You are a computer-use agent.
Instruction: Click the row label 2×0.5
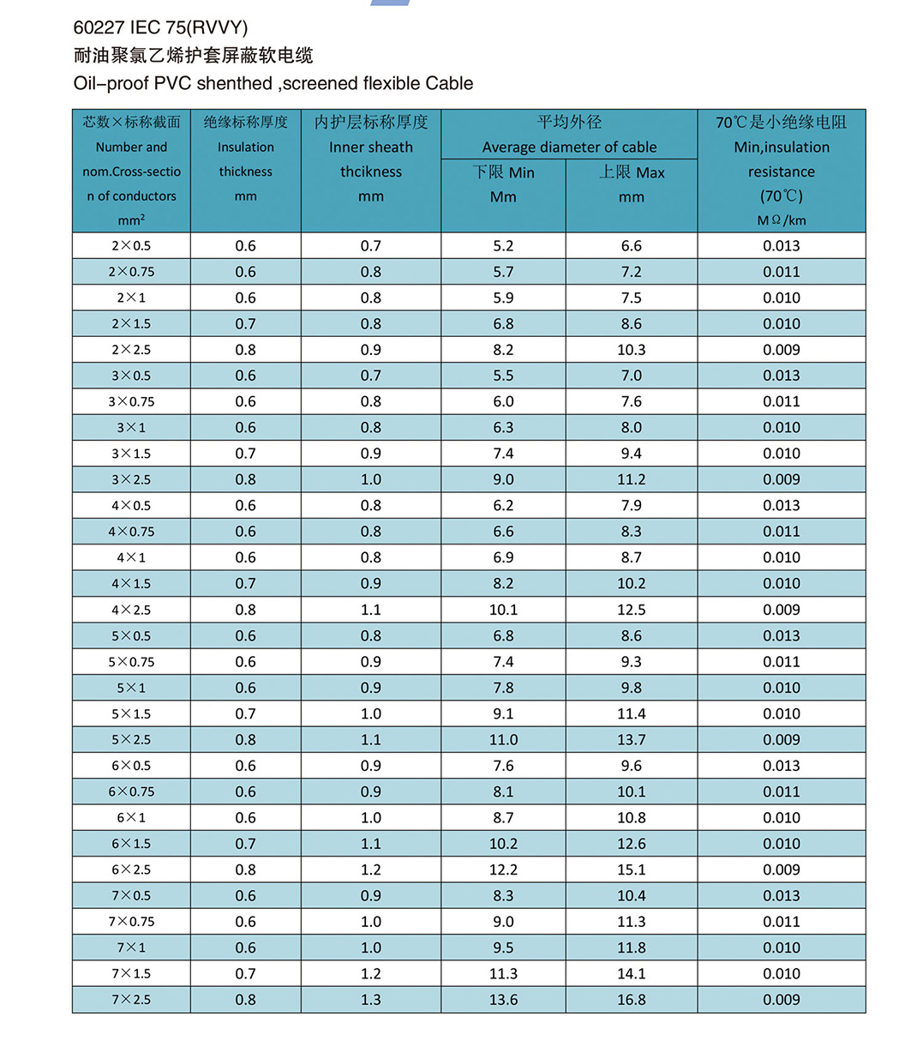pos(131,246)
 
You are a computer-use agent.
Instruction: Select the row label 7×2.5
pos(131,1000)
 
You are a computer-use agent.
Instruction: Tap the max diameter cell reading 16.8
pos(632,1000)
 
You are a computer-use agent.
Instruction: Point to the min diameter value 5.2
pos(503,246)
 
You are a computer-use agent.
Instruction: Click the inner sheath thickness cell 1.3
pos(370,1000)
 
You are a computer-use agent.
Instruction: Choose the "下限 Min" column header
pos(503,172)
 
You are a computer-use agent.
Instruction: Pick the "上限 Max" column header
pos(632,172)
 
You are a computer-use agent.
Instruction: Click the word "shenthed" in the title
pos(234,83)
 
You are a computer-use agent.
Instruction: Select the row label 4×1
pos(131,557)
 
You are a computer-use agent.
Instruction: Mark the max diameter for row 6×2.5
pos(632,869)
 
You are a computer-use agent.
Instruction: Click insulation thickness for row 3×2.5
pos(245,479)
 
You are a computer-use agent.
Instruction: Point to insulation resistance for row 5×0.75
pos(782,662)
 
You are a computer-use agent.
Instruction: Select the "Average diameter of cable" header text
pos(569,147)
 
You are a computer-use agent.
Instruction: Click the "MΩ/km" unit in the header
pos(782,220)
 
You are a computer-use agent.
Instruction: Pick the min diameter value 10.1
pos(503,610)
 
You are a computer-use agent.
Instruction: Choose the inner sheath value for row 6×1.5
pos(370,844)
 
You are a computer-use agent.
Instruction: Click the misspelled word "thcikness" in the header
pos(370,171)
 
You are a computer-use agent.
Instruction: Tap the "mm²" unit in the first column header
pos(131,220)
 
